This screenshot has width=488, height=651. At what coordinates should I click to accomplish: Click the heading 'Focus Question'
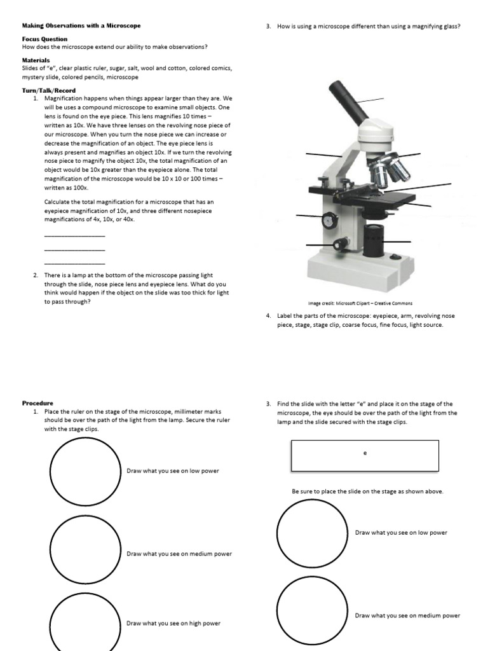(x=44, y=39)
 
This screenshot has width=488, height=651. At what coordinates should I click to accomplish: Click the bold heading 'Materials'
(x=36, y=60)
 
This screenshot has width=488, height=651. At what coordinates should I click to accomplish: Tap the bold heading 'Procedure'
(x=38, y=403)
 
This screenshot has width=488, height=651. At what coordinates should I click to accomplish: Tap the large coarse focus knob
(x=329, y=220)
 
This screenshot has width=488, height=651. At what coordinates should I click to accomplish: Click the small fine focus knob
(x=342, y=243)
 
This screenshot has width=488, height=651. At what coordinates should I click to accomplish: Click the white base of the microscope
(x=362, y=270)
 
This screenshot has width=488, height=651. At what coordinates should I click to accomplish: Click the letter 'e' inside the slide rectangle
(x=365, y=453)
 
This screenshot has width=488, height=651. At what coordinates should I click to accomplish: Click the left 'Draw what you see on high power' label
(x=173, y=624)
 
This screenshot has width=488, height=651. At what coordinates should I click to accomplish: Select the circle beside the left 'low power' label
(x=85, y=471)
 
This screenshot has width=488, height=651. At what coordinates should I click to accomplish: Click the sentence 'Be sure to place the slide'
(x=367, y=491)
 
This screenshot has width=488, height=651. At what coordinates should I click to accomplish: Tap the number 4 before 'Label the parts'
(x=269, y=316)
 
